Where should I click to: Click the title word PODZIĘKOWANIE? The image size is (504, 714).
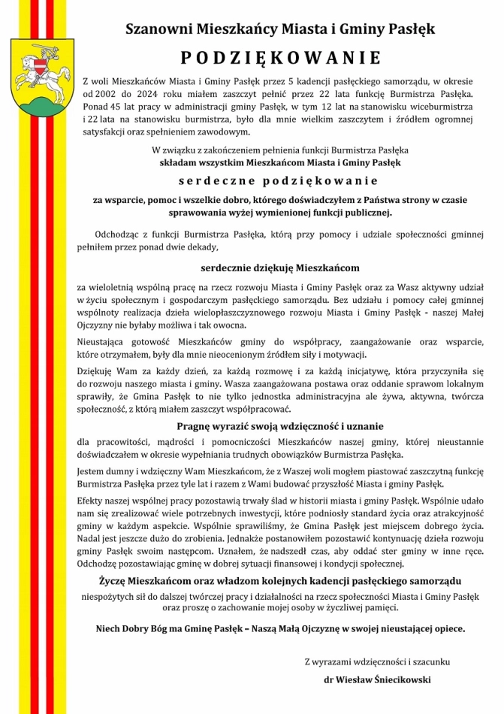(x=280, y=59)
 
